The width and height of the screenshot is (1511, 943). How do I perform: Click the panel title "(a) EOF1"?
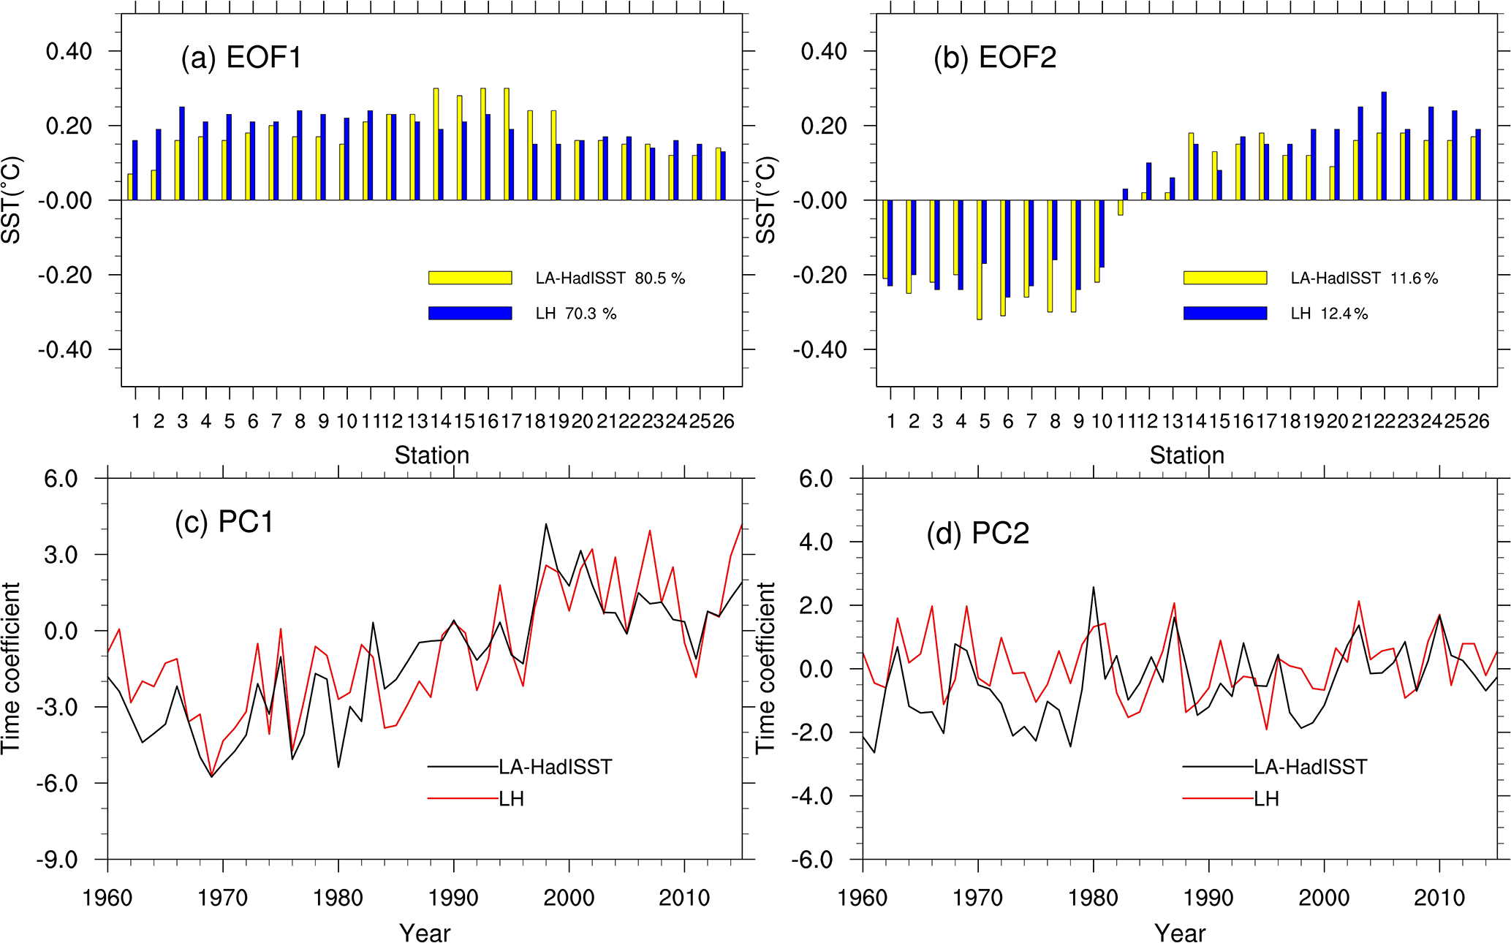click(x=241, y=58)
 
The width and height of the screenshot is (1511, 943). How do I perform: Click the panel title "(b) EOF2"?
click(x=995, y=58)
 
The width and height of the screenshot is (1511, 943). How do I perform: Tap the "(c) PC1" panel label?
click(x=224, y=523)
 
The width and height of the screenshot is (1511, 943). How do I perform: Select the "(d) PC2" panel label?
click(x=977, y=534)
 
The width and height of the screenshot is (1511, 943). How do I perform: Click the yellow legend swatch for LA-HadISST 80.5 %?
click(x=470, y=278)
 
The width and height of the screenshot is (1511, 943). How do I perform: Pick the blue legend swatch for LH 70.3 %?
click(x=470, y=313)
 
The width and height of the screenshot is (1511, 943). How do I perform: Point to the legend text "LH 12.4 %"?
click(x=1329, y=314)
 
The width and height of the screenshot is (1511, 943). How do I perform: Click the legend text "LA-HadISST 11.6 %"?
click(x=1364, y=279)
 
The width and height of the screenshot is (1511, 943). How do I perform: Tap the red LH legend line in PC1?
click(x=463, y=799)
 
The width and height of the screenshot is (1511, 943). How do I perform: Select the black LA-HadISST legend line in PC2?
click(x=1218, y=767)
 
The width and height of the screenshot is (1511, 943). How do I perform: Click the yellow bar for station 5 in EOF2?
click(x=980, y=260)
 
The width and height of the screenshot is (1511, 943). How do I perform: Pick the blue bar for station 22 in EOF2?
click(x=1384, y=146)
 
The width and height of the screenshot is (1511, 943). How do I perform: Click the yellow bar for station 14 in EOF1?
click(x=436, y=144)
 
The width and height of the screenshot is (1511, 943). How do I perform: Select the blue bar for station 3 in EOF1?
click(x=182, y=154)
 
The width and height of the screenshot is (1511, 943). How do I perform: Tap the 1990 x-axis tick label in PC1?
click(x=453, y=898)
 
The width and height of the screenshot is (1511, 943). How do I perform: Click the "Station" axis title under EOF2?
click(x=1186, y=455)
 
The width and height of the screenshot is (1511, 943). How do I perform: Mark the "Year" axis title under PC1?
click(x=425, y=933)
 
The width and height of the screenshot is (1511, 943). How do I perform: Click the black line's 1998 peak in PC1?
click(x=546, y=525)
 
